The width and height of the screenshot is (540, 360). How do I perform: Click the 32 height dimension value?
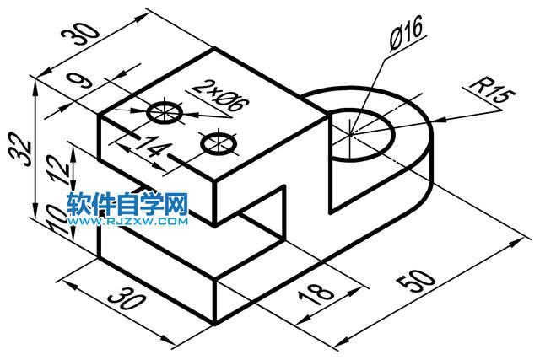tap(20, 148)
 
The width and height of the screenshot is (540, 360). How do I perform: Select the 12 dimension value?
tap(59, 167)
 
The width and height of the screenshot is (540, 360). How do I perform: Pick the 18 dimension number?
tap(316, 294)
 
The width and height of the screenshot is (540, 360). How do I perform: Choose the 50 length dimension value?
tap(416, 281)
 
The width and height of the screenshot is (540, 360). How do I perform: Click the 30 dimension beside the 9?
tap(80, 35)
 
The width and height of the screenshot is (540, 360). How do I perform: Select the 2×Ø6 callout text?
tap(219, 95)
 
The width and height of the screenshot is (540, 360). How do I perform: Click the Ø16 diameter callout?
tap(406, 34)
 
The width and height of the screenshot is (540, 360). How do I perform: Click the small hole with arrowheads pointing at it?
tap(165, 112)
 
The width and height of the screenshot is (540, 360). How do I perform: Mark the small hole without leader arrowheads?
tap(219, 142)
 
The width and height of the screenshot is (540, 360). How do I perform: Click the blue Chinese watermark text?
tap(127, 204)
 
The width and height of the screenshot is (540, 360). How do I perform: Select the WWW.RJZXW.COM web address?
tap(127, 221)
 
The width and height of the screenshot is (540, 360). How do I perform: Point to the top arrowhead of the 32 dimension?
tap(35, 87)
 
